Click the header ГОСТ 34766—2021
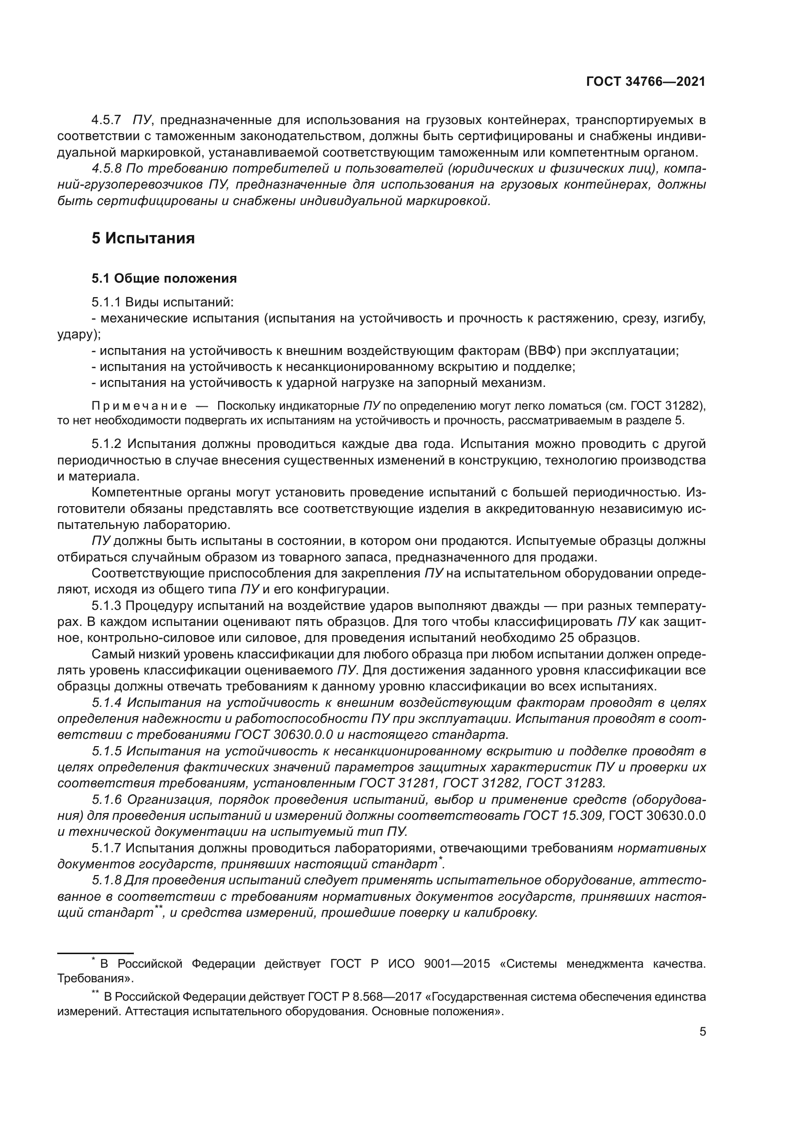(645, 81)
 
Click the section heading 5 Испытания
(143, 239)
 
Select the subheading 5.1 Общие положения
(164, 279)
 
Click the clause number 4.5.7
(106, 120)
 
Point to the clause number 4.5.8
(106, 168)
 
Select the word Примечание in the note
(139, 406)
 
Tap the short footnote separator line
(96, 953)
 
